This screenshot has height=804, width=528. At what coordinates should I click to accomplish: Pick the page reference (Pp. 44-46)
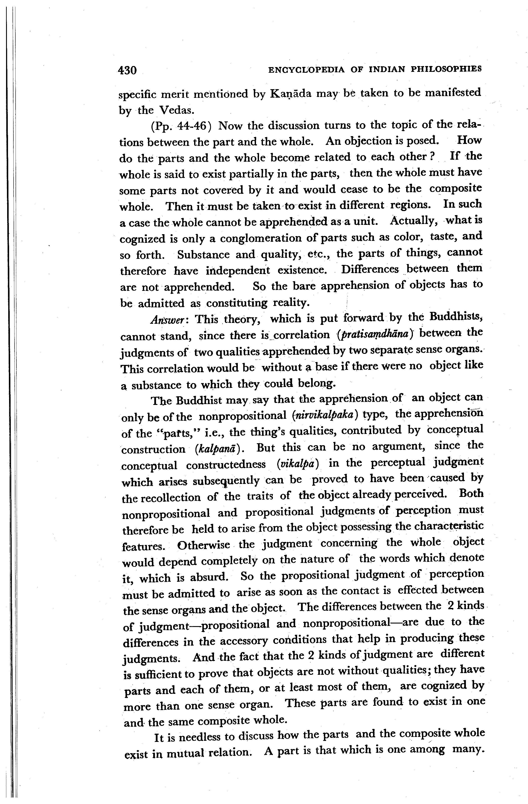tap(181, 126)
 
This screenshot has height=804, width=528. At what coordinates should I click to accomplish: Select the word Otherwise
tap(204, 545)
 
